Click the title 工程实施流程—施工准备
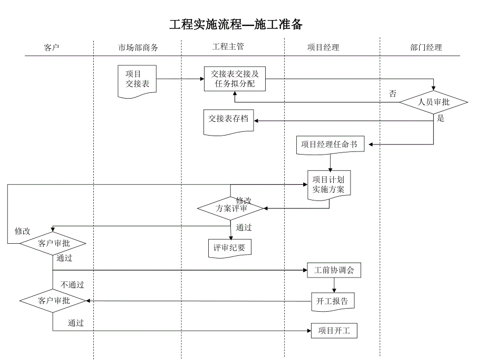[x=236, y=25]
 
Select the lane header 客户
[x=51, y=47]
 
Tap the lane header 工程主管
[x=228, y=46]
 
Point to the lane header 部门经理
[x=425, y=47]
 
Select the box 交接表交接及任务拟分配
[x=235, y=79]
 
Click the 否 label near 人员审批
[x=393, y=94]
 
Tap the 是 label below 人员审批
[x=441, y=119]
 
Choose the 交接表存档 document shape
[x=228, y=120]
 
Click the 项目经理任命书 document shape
[x=331, y=144]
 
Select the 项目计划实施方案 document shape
[x=328, y=184]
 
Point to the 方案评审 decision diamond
[x=230, y=208]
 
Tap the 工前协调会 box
[x=334, y=271]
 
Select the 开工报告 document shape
[x=332, y=301]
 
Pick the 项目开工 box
[x=334, y=331]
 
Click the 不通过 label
[x=72, y=285]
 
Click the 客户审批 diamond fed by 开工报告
[x=53, y=301]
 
